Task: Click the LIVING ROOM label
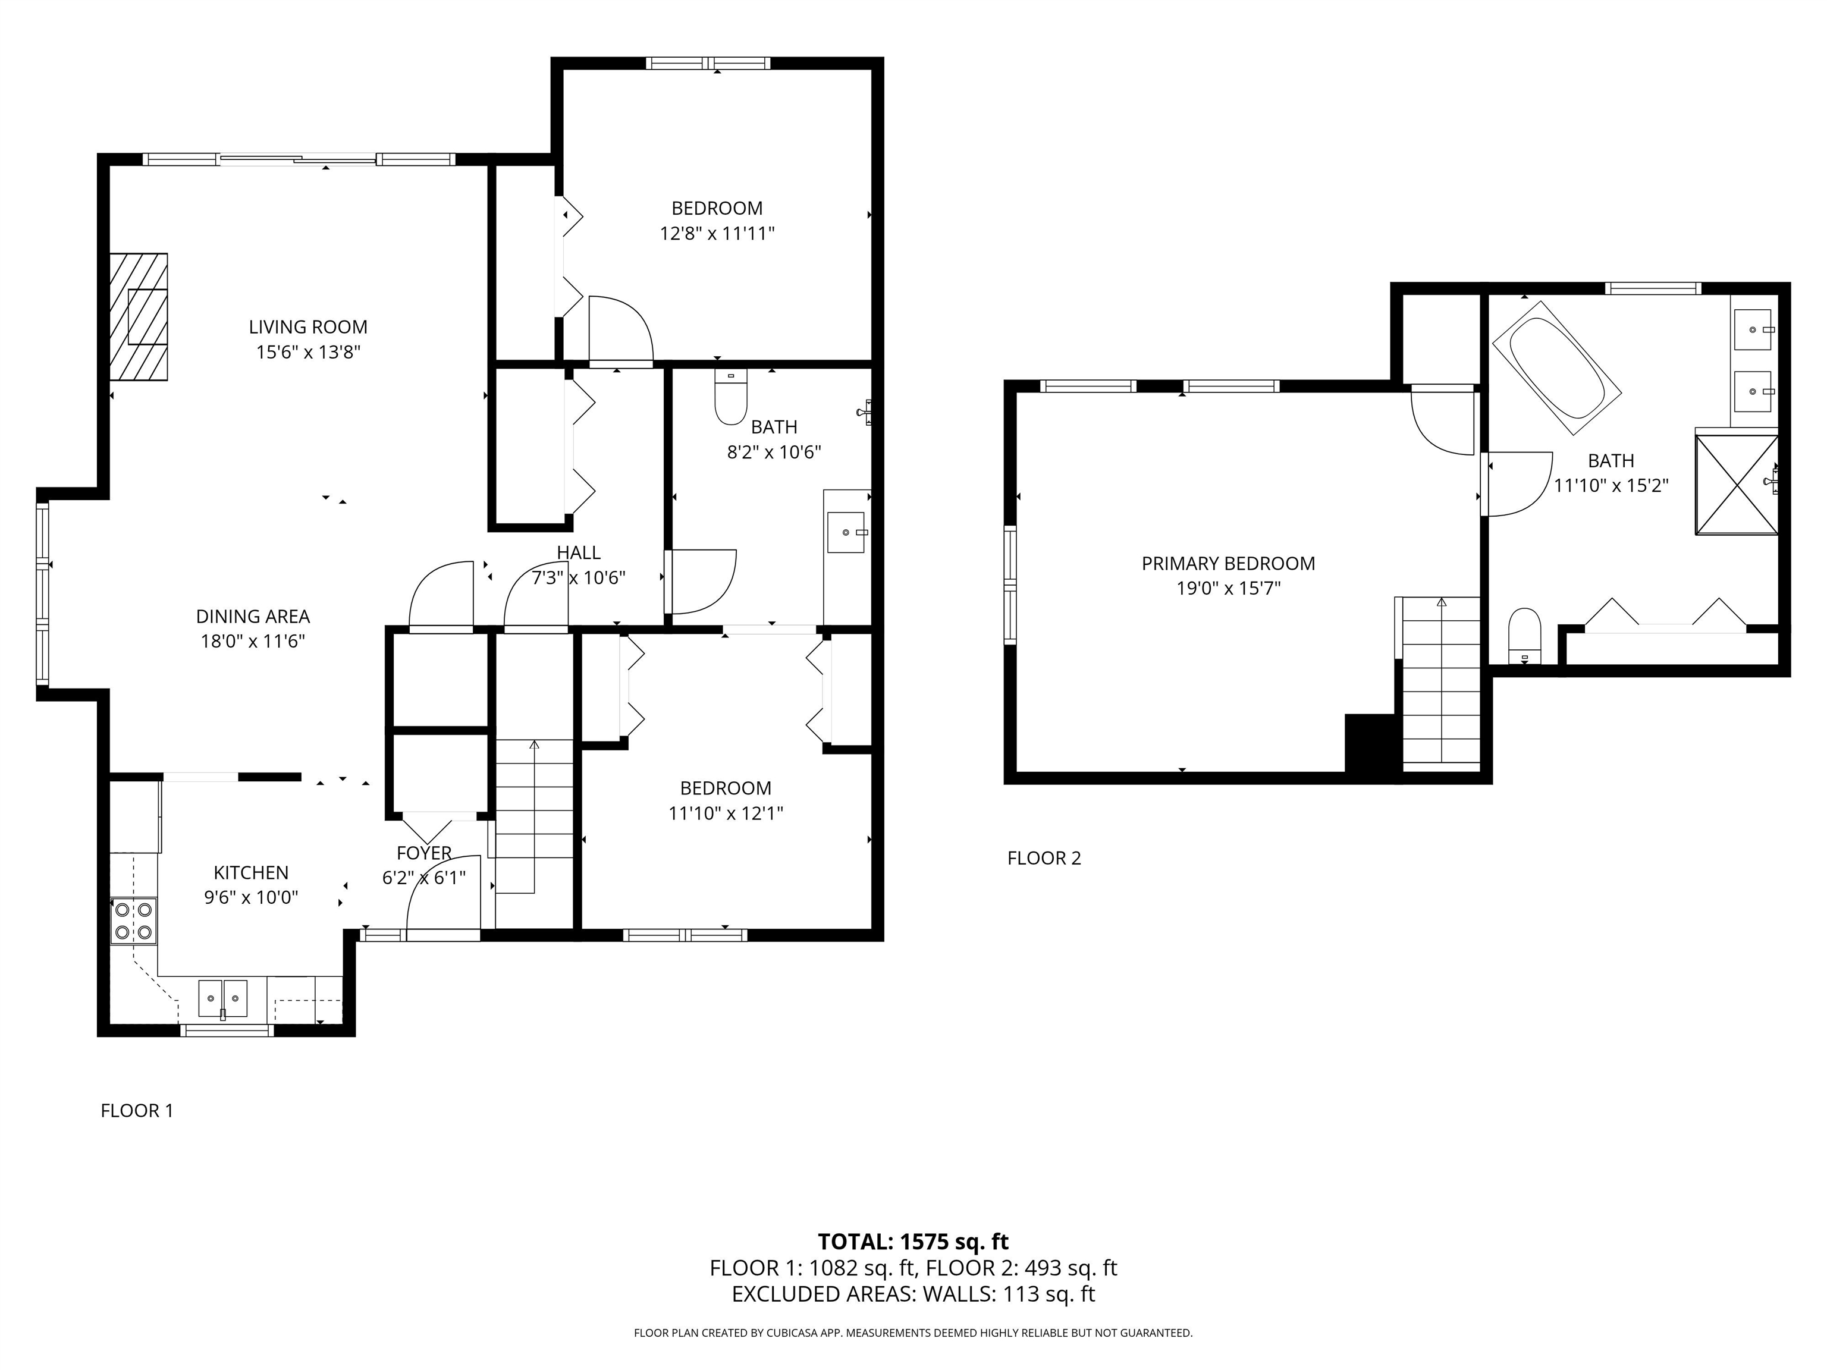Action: pyautogui.click(x=308, y=327)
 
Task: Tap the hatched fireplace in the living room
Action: pyautogui.click(x=139, y=317)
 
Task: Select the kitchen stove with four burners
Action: pyautogui.click(x=134, y=920)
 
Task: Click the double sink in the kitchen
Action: pyautogui.click(x=223, y=998)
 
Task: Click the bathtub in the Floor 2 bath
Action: pyautogui.click(x=1556, y=368)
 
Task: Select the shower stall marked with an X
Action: pyautogui.click(x=1736, y=485)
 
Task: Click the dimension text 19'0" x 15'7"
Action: pyautogui.click(x=1228, y=589)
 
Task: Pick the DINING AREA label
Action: pyautogui.click(x=253, y=616)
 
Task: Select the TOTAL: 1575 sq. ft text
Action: pyautogui.click(x=913, y=1241)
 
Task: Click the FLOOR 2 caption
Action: pyautogui.click(x=1044, y=858)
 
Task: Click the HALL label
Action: pyautogui.click(x=578, y=552)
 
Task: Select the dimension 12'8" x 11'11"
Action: pyautogui.click(x=717, y=234)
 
